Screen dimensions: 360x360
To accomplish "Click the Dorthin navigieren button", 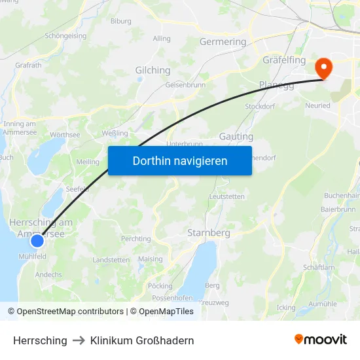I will coord(180,160).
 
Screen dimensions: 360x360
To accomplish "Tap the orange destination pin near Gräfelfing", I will coord(323,68).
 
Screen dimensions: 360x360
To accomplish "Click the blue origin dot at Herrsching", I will coord(37,240).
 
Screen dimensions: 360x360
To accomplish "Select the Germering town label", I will coord(223,42).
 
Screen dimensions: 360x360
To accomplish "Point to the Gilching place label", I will coord(153,71).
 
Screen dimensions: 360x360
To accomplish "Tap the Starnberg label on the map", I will coord(209,233).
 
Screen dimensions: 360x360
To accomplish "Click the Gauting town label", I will coord(236,137).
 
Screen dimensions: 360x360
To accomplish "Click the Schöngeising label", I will coord(65,36).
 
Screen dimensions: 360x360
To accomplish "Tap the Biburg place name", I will coord(121,21).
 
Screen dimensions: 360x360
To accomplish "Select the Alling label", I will coord(162,39).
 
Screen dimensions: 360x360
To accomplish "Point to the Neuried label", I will coord(317,105).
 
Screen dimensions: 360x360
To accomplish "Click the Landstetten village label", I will coord(111,260).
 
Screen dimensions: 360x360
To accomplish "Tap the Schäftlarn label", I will coord(319,267).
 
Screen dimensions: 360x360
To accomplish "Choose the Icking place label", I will coord(286,307).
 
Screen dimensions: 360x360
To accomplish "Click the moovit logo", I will coord(321,340).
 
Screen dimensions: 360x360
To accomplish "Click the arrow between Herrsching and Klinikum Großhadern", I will coord(79,340).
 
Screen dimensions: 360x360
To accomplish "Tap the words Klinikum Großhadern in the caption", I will coord(142,340).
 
